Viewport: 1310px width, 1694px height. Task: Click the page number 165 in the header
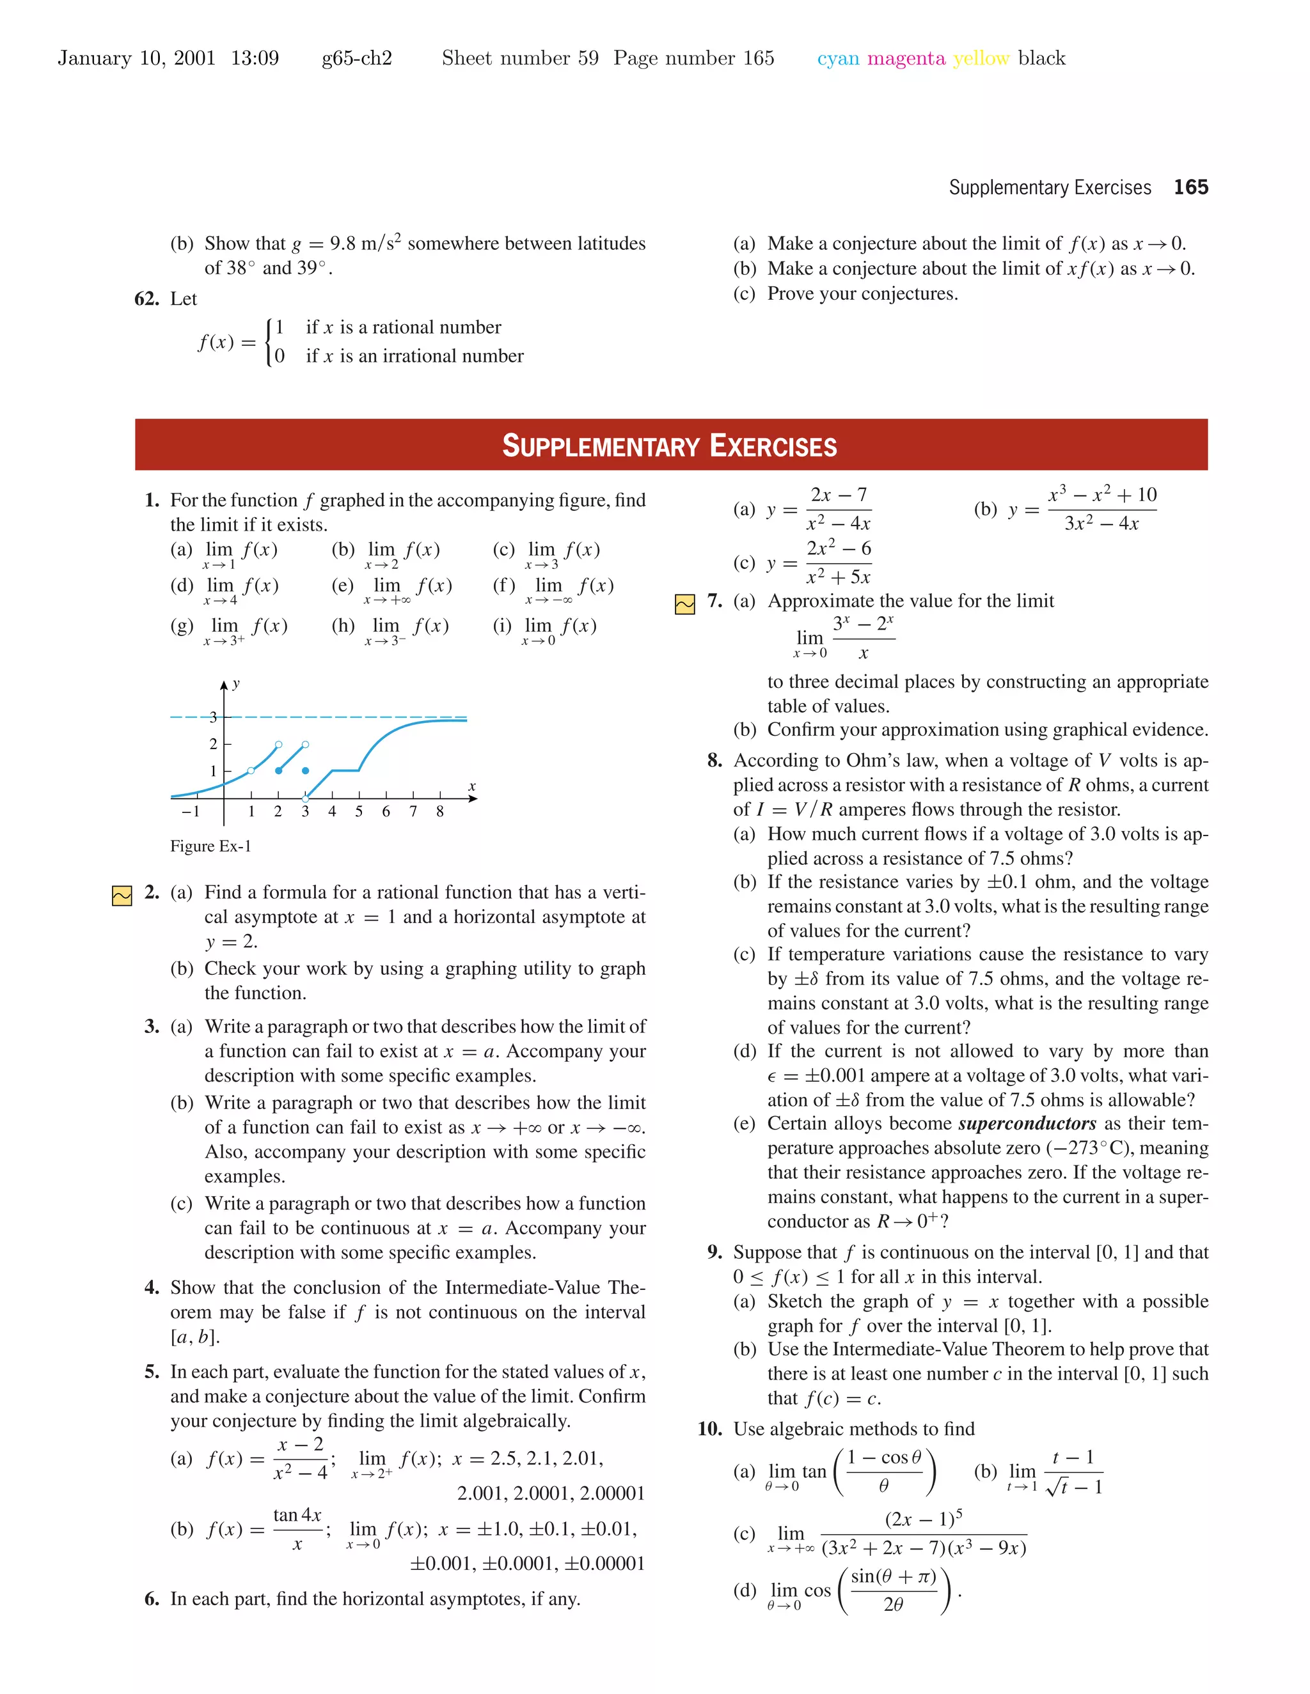[1190, 187]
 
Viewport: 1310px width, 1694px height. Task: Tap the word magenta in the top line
[906, 58]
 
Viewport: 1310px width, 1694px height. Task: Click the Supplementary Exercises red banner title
[670, 446]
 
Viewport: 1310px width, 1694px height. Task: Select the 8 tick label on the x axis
[440, 811]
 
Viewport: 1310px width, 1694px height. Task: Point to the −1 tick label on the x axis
[190, 811]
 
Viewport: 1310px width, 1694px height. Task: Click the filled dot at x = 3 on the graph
[305, 770]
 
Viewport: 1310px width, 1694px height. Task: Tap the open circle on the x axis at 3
[305, 798]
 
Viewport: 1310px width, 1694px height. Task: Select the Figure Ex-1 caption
[210, 846]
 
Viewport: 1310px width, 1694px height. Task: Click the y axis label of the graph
[236, 683]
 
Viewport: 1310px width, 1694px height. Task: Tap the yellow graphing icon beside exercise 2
[122, 896]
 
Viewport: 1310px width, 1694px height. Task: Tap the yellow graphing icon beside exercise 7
[684, 604]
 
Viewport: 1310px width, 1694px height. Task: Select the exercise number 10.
[709, 1429]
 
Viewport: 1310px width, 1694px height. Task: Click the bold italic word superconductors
[1027, 1124]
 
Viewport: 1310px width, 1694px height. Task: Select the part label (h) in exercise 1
[342, 626]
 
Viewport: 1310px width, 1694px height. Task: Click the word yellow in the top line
[981, 58]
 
